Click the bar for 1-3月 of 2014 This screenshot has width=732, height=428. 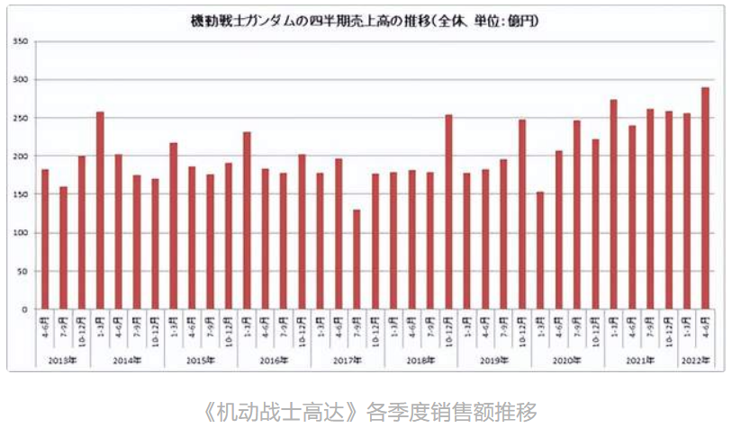coord(100,210)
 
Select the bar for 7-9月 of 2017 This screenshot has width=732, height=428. coord(357,259)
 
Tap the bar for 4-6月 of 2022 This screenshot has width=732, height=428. coord(705,198)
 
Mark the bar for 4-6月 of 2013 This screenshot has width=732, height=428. coord(45,239)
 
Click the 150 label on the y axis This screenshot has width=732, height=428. coord(23,194)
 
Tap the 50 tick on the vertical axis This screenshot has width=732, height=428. coord(25,271)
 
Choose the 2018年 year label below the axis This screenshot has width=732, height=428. coord(420,361)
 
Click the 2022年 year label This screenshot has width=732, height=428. coord(696,361)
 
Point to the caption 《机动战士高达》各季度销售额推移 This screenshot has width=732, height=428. coord(371,411)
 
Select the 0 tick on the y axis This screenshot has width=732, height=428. coord(27,309)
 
